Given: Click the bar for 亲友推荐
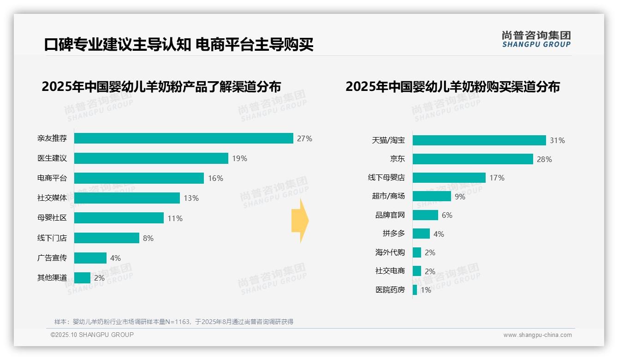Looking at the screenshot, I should tap(184, 138).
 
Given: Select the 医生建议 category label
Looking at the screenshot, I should tap(52, 158).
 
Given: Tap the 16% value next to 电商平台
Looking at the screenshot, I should tap(215, 178).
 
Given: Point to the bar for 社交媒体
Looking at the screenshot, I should tap(127, 198).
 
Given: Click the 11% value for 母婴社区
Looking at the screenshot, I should tap(175, 218).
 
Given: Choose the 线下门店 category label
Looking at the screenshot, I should tap(52, 238).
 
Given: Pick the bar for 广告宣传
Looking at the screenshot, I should tap(90, 258).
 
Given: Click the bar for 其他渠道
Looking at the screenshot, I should tap(82, 278).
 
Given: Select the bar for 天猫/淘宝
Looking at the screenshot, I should tap(479, 140).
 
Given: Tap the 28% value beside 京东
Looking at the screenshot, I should tap(544, 159).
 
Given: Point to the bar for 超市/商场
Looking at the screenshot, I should tap(432, 196).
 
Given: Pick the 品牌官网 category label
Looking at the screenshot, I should tap(390, 215).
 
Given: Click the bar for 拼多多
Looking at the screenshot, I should tap(421, 234).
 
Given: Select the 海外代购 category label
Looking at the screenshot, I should tap(390, 252).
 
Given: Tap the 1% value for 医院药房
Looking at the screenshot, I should tap(426, 290).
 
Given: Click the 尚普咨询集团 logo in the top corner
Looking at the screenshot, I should tap(536, 39).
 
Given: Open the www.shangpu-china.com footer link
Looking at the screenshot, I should tap(537, 335).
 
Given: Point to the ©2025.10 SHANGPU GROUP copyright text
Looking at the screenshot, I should tap(92, 335).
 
